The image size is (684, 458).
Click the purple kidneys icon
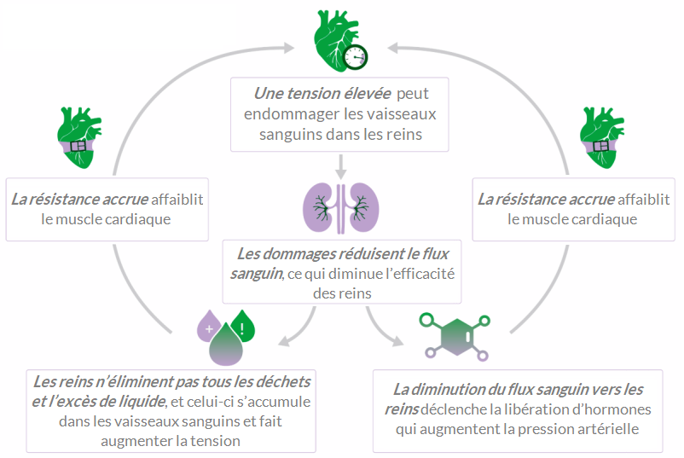[x=341, y=206]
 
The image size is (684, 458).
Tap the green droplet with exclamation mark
[x=243, y=327]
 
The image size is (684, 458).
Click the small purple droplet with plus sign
[x=209, y=327]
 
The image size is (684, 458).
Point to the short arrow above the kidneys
[x=341, y=165]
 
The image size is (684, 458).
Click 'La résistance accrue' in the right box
[x=546, y=200]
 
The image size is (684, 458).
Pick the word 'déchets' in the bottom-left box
[x=281, y=380]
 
